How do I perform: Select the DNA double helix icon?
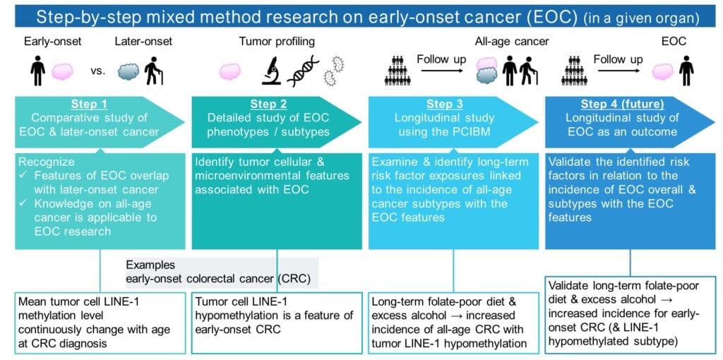(303, 71)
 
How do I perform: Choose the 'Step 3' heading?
(445, 104)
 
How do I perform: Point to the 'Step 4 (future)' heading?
(622, 104)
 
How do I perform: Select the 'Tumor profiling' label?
(277, 42)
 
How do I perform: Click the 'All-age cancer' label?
(512, 42)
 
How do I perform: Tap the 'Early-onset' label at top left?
(53, 42)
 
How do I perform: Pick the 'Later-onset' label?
(143, 42)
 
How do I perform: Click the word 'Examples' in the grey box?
(150, 265)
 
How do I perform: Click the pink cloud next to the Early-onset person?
(62, 73)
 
